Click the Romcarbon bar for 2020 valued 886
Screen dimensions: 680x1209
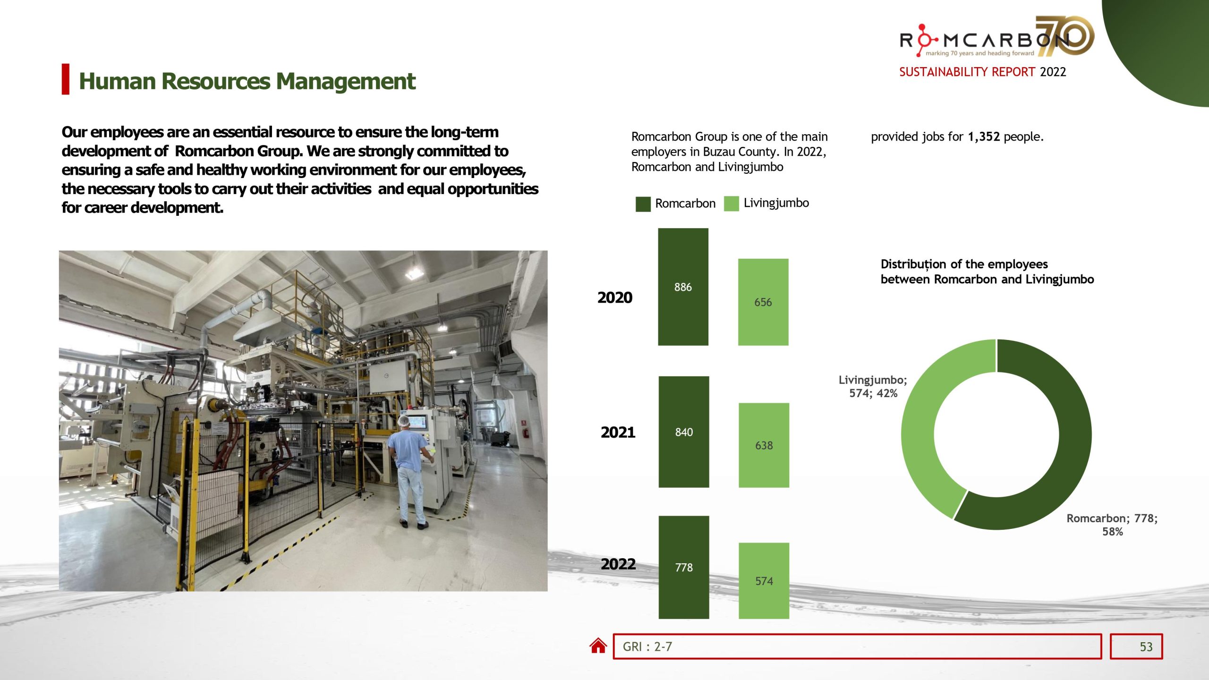click(x=683, y=287)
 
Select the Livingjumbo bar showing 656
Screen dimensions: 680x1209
click(x=763, y=302)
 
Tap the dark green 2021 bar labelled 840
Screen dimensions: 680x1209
click(x=683, y=432)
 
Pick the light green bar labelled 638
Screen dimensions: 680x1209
click(x=764, y=445)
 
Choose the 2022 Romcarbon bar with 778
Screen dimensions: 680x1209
click(x=683, y=567)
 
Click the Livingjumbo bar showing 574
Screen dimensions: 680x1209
click(x=764, y=580)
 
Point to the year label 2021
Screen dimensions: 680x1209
click(x=618, y=432)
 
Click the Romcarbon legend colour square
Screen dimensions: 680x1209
click(x=643, y=204)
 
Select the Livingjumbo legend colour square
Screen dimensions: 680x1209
click(x=731, y=204)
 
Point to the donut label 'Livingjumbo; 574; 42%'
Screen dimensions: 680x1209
click(x=873, y=386)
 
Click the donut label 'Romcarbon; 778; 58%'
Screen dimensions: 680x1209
click(x=1112, y=525)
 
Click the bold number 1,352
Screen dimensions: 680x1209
click(x=983, y=137)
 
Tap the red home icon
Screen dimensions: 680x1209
click(x=598, y=646)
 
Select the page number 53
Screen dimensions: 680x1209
click(x=1146, y=646)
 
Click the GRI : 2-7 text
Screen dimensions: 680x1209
click(x=647, y=646)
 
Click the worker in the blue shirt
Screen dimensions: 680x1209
click(x=409, y=463)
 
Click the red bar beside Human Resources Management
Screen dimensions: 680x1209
click(x=66, y=79)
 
